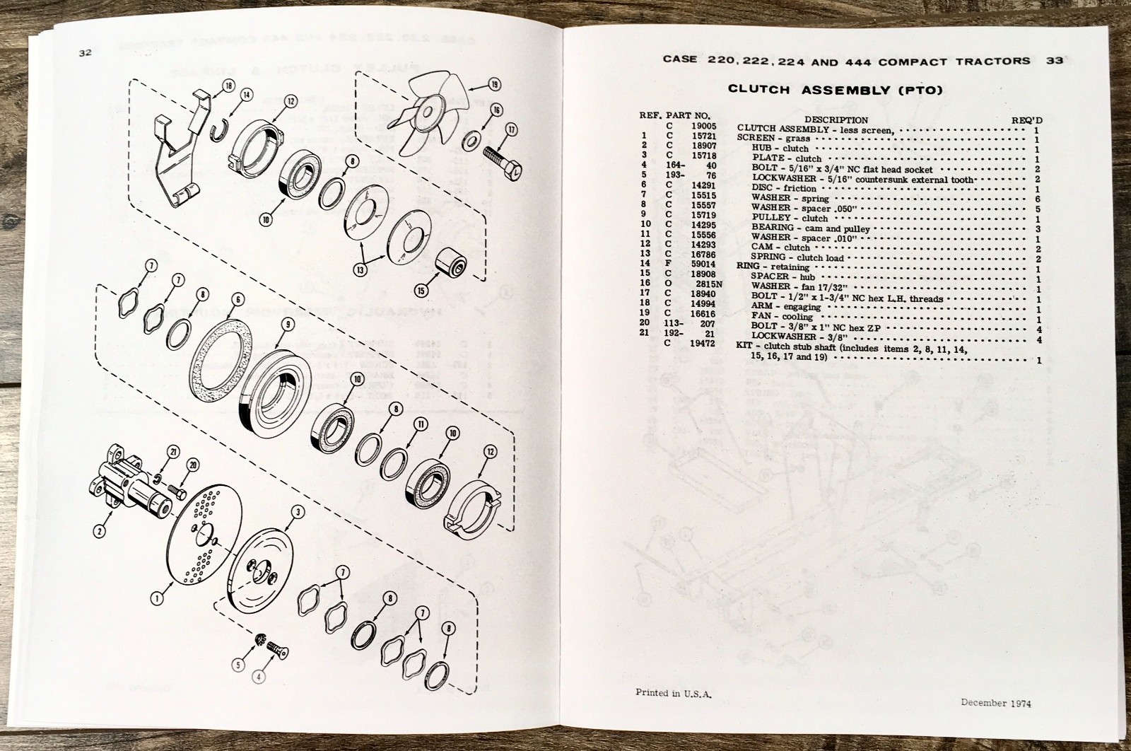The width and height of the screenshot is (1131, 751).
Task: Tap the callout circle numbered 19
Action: [493, 85]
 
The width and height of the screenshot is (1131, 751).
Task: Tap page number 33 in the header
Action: [1055, 61]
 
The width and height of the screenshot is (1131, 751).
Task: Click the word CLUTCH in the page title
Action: [757, 90]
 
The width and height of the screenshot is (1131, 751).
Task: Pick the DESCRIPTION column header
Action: [836, 120]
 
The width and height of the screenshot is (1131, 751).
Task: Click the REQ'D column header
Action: [1026, 120]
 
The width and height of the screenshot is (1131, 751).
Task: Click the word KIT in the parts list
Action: [746, 351]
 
